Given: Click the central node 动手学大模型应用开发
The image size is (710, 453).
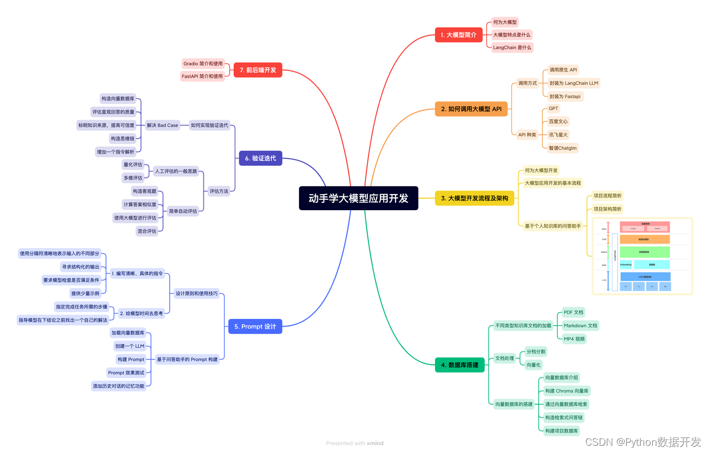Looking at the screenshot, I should pyautogui.click(x=358, y=198).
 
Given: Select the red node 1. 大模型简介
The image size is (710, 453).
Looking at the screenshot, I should pyautogui.click(x=458, y=35).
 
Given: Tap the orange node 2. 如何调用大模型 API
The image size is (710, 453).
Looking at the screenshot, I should pyautogui.click(x=471, y=109).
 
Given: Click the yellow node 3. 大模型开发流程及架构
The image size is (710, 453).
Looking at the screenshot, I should pyautogui.click(x=474, y=198).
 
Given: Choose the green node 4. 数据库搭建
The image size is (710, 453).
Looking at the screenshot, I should pyautogui.click(x=460, y=365).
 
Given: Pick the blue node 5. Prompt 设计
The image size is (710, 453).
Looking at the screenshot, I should pyautogui.click(x=255, y=327).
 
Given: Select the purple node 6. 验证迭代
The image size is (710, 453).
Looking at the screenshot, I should pyautogui.click(x=260, y=159).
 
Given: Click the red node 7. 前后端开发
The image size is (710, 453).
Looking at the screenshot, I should pyautogui.click(x=257, y=70).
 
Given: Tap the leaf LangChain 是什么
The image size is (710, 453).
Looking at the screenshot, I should pyautogui.click(x=512, y=48).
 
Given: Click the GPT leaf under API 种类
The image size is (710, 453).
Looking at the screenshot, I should pyautogui.click(x=553, y=109).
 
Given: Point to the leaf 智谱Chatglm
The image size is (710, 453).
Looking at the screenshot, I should pyautogui.click(x=562, y=148).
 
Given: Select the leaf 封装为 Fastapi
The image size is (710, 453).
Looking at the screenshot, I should pyautogui.click(x=565, y=96).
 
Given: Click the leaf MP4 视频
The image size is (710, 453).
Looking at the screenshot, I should pyautogui.click(x=574, y=339).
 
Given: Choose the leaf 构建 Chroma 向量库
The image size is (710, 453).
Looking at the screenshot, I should pyautogui.click(x=566, y=391).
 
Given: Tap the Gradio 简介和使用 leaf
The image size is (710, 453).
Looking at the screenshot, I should pyautogui.click(x=203, y=64).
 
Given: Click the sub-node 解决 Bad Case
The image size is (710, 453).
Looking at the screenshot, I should pyautogui.click(x=163, y=125).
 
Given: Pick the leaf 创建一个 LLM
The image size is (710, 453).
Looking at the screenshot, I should pyautogui.click(x=129, y=346).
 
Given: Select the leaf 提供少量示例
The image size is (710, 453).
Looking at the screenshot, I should pyautogui.click(x=85, y=293).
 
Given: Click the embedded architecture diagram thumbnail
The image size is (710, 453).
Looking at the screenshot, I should pyautogui.click(x=642, y=256).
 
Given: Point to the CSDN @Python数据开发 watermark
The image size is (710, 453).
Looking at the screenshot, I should pyautogui.click(x=643, y=442).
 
